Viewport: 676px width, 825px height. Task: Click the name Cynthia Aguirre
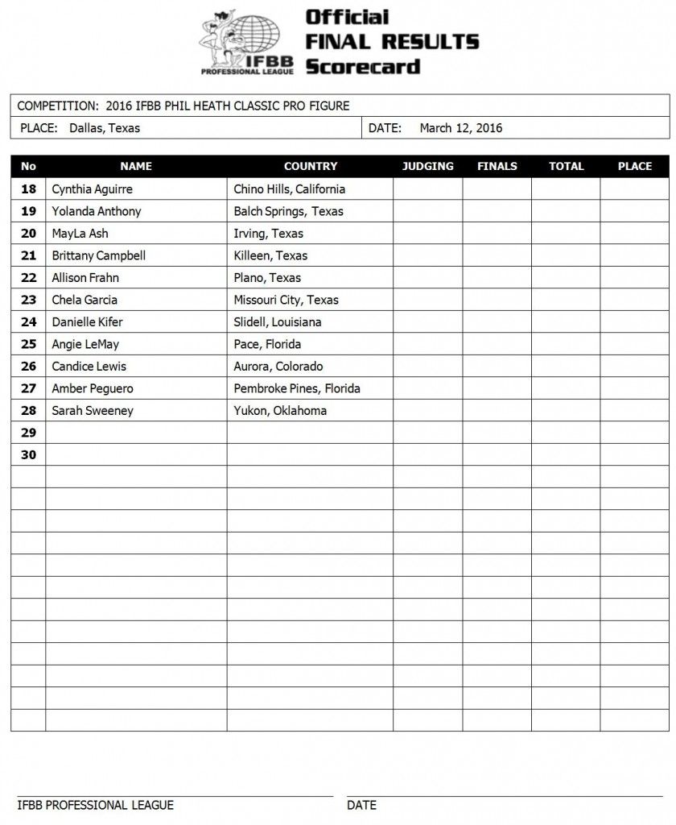point(92,189)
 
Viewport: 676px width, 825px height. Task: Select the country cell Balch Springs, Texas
point(288,211)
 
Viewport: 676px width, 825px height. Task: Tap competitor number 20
point(29,234)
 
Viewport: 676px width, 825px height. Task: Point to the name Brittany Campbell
point(98,255)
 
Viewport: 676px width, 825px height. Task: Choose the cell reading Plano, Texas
point(267,278)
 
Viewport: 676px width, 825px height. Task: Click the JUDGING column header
point(427,167)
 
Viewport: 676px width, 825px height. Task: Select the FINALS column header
point(497,167)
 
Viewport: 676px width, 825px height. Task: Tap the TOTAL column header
point(566,167)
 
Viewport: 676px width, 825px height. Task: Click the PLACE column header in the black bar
point(634,167)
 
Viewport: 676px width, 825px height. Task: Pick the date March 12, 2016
point(461,128)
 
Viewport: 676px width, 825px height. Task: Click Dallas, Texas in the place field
point(105,128)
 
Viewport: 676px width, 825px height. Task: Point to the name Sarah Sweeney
point(93,411)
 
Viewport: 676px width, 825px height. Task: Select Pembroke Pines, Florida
point(297,388)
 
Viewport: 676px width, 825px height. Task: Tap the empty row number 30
point(29,455)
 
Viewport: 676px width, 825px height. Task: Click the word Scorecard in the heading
point(363,66)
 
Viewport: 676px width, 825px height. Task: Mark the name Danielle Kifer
point(87,322)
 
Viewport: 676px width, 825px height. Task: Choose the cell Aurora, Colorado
point(278,367)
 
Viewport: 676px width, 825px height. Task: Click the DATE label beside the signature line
point(361,805)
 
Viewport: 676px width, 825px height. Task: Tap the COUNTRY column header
point(310,167)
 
